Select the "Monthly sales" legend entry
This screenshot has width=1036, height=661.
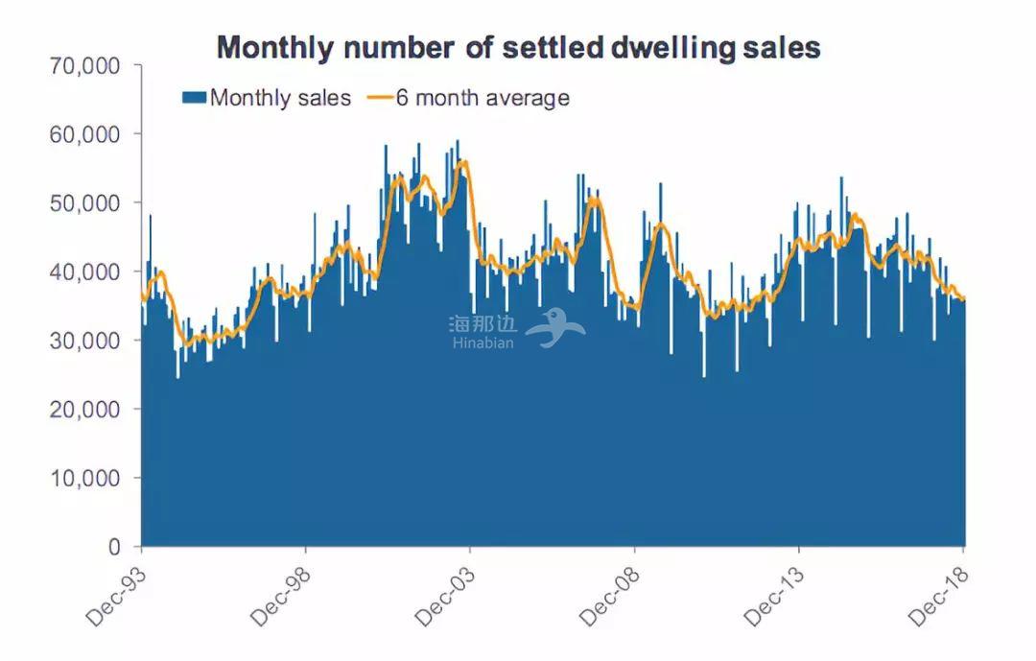(x=268, y=98)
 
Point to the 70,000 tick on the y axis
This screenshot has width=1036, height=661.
(x=85, y=66)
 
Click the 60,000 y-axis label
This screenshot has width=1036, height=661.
(x=85, y=134)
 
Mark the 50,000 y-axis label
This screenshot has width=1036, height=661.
(x=85, y=203)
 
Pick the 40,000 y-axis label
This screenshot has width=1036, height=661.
(x=85, y=272)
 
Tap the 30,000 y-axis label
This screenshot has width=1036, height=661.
(x=85, y=341)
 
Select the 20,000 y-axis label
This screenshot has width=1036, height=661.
(x=85, y=410)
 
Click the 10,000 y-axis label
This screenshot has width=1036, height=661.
(x=85, y=479)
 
